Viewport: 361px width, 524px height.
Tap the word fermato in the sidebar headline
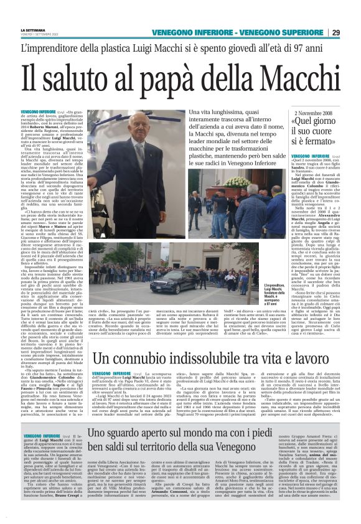[x=324, y=144]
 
